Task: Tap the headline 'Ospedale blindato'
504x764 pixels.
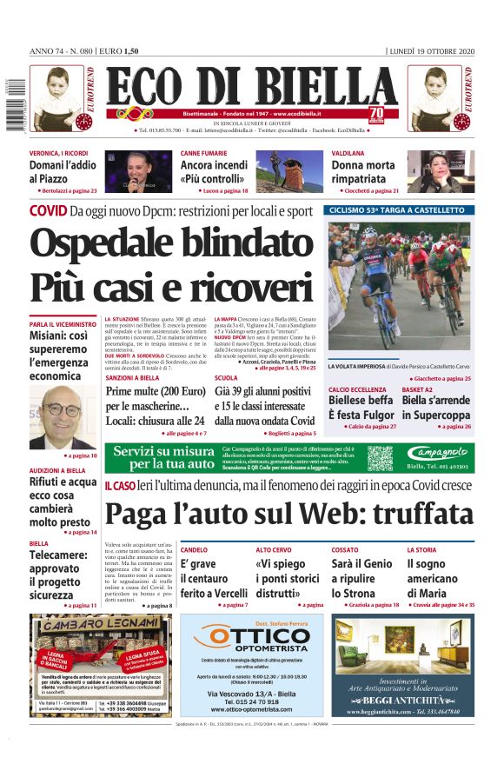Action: pos(170,245)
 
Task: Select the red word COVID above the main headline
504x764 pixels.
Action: pos(48,210)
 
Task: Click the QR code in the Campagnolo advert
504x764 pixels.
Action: pos(379,457)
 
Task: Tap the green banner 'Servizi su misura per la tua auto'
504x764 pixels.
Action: pos(163,457)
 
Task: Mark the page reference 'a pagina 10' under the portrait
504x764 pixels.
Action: pos(81,455)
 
